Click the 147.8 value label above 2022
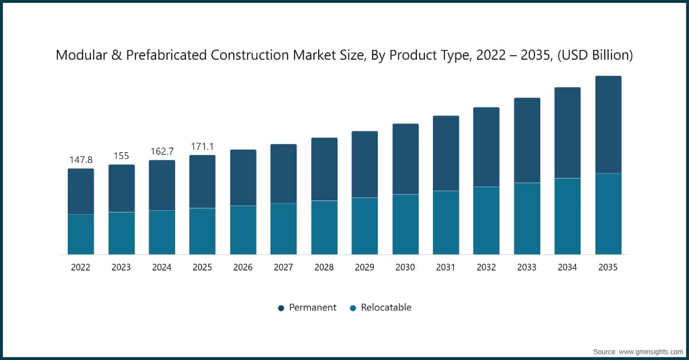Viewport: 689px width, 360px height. [x=80, y=159]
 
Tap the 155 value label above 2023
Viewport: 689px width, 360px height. [x=121, y=156]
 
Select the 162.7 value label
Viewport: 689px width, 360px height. [x=162, y=151]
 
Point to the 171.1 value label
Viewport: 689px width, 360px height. [x=202, y=146]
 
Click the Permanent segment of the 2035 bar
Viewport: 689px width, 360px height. [x=608, y=125]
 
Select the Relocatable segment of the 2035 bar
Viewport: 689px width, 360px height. [x=608, y=214]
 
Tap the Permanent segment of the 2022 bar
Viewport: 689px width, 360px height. [x=80, y=191]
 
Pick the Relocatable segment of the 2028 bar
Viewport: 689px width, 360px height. [x=324, y=227]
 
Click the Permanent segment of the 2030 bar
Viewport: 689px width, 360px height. [x=405, y=159]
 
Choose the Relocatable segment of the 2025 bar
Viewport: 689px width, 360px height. [x=202, y=231]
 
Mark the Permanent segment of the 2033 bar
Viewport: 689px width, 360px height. [x=527, y=140]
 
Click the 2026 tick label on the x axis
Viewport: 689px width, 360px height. [x=243, y=267]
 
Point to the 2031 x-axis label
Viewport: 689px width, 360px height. [x=446, y=267]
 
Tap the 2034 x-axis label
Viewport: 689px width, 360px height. [x=567, y=267]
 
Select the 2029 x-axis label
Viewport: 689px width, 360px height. [x=365, y=267]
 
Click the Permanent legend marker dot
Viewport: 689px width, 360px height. [x=281, y=308]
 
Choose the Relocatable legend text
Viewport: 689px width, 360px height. [x=386, y=307]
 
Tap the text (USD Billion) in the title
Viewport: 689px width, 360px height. [x=597, y=56]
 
